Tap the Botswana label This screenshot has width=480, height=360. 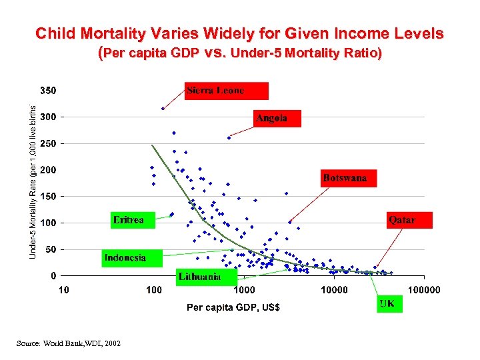(x=348, y=178)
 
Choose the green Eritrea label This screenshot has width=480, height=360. (x=132, y=220)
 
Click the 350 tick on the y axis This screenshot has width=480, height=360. (x=45, y=90)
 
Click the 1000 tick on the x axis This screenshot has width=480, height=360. (x=243, y=289)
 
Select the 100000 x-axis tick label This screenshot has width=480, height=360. (x=424, y=289)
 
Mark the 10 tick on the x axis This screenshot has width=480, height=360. (x=63, y=289)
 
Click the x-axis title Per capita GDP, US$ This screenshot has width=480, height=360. (x=233, y=307)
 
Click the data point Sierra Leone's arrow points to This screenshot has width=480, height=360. (x=163, y=109)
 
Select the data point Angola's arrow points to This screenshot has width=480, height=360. (x=229, y=137)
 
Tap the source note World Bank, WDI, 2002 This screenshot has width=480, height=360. (x=69, y=343)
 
